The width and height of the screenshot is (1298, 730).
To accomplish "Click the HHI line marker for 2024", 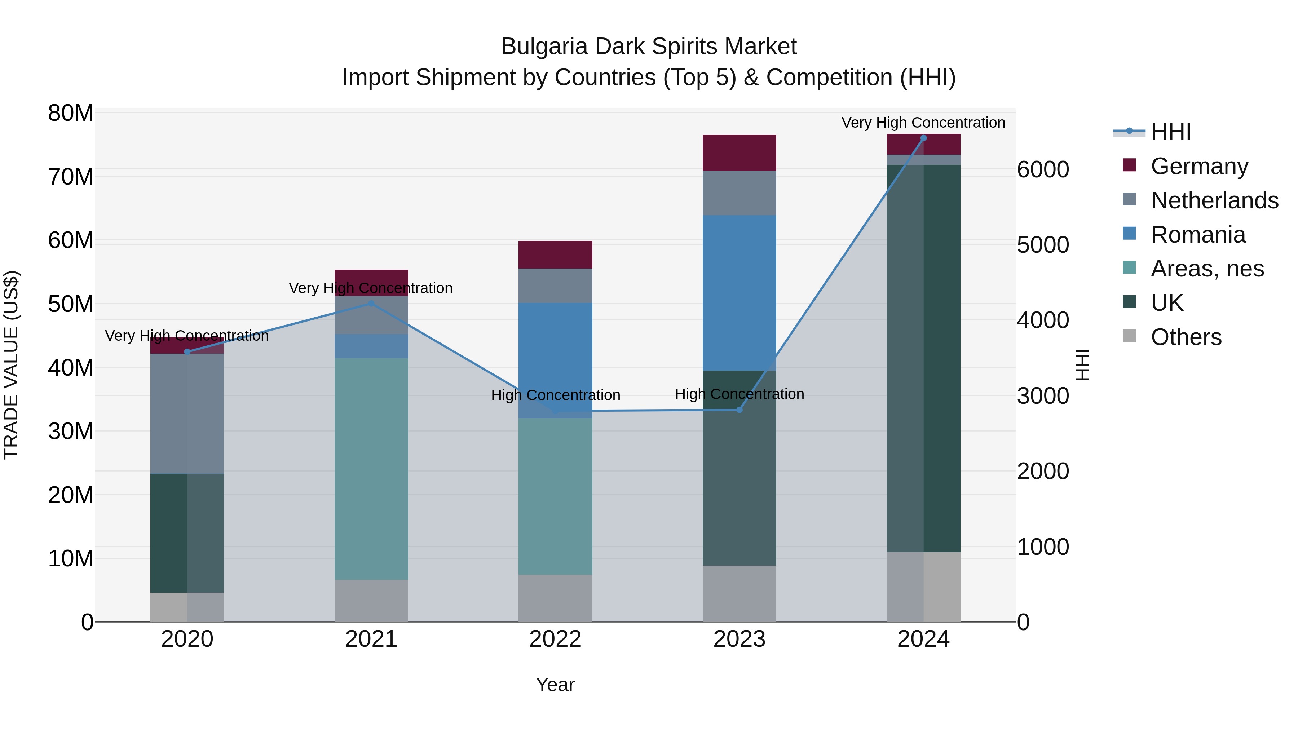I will click(923, 138).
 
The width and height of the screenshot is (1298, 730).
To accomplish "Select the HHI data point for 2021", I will click(371, 303).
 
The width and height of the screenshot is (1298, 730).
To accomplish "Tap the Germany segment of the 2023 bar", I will click(739, 152).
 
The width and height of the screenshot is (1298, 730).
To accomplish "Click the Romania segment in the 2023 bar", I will click(739, 293).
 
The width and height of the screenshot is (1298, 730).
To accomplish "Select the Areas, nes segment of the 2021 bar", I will click(371, 469).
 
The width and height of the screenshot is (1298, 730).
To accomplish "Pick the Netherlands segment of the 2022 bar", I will click(555, 286).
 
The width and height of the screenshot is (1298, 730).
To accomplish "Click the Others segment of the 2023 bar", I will click(739, 593).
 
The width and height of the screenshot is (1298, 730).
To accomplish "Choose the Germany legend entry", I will click(1199, 166).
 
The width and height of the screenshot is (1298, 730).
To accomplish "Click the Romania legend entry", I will click(1198, 235).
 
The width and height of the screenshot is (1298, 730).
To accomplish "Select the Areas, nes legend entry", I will click(1207, 269).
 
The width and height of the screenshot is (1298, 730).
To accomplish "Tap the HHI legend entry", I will click(1170, 132).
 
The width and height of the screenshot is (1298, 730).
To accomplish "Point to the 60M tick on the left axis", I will click(71, 240).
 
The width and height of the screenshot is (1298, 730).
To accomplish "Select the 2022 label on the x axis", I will click(555, 639).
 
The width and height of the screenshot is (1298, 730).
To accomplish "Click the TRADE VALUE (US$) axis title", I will click(11, 365).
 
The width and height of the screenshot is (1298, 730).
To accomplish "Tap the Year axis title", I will click(555, 685).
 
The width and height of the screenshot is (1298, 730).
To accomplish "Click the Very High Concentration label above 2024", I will click(923, 123).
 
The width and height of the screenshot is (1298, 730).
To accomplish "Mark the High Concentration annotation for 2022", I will click(555, 395).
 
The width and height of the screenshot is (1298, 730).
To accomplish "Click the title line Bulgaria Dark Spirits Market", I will click(649, 47).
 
